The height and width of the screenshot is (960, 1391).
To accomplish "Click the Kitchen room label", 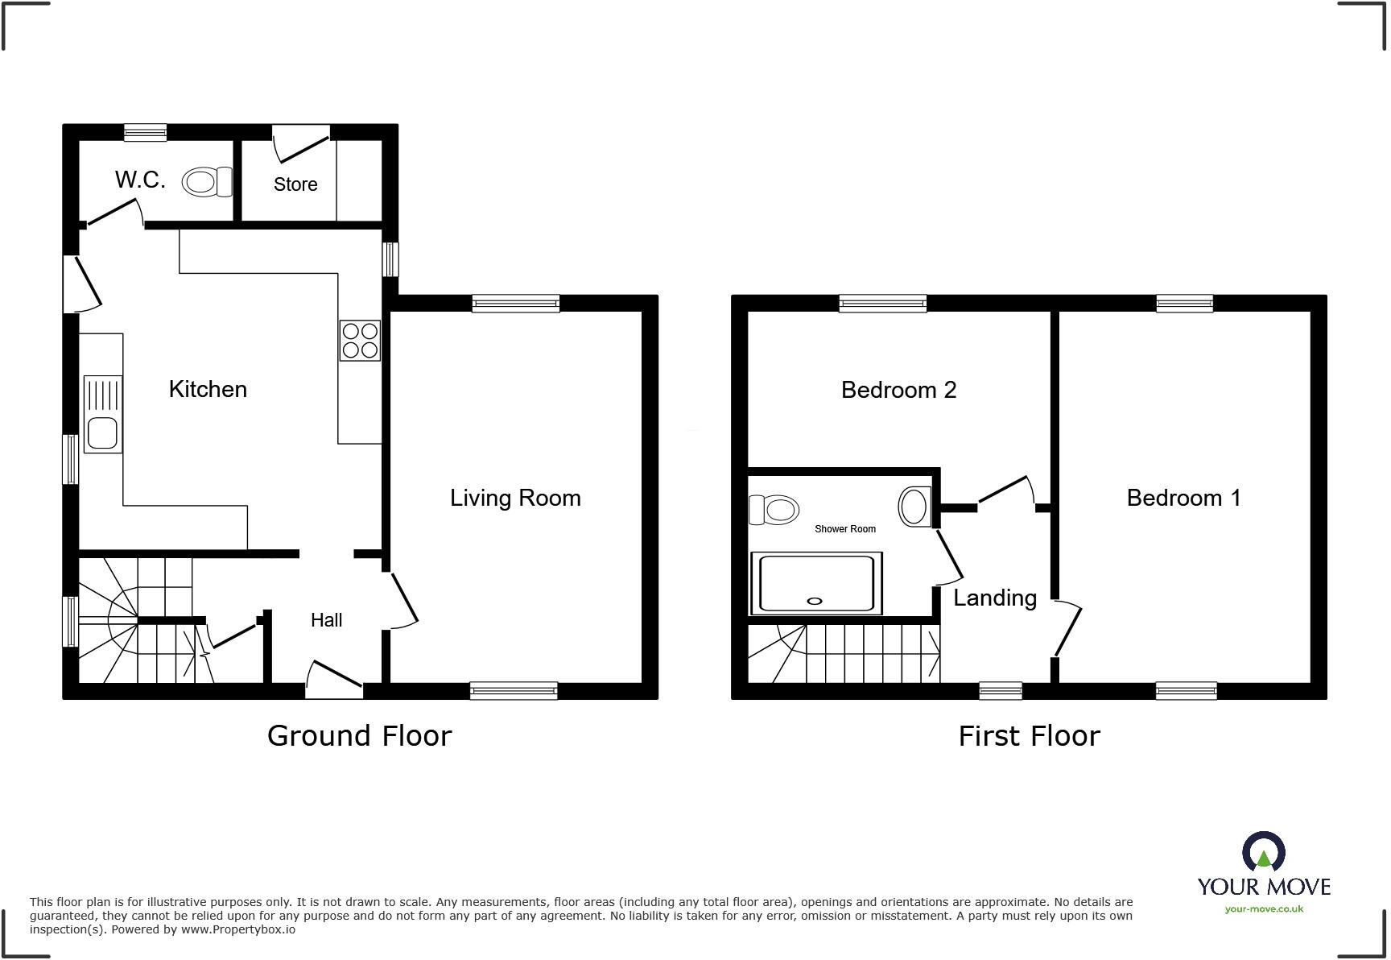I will pyautogui.click(x=208, y=390).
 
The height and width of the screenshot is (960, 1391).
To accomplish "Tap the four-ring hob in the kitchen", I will pyautogui.click(x=360, y=340).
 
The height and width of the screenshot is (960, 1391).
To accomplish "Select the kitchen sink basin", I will pyautogui.click(x=102, y=433).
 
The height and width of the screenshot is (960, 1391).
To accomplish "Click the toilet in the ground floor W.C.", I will pyautogui.click(x=206, y=182).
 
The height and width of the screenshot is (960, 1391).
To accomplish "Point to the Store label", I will pyautogui.click(x=295, y=184).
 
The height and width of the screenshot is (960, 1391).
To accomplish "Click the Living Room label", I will pyautogui.click(x=515, y=498).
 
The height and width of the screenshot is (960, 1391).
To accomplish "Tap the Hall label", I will pyautogui.click(x=326, y=620).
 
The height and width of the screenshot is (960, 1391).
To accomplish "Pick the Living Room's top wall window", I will pyautogui.click(x=515, y=304).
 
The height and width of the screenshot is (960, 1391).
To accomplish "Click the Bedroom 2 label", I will pyautogui.click(x=898, y=390).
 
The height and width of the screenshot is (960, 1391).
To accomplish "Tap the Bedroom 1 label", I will pyautogui.click(x=1183, y=498).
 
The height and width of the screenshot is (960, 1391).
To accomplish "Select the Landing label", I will pyautogui.click(x=995, y=598).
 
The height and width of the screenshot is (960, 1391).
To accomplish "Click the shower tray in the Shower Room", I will pyautogui.click(x=815, y=583).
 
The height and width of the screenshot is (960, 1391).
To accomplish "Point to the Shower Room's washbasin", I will pyautogui.click(x=914, y=507).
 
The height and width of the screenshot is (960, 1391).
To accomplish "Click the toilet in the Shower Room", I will pyautogui.click(x=774, y=509).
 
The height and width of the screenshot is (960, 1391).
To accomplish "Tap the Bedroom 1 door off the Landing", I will pyautogui.click(x=1067, y=629).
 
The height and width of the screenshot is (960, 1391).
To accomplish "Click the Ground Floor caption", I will pyautogui.click(x=359, y=735).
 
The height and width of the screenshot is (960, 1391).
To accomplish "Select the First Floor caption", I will pyautogui.click(x=1029, y=735).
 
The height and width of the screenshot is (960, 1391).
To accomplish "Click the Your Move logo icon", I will pyautogui.click(x=1263, y=852).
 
